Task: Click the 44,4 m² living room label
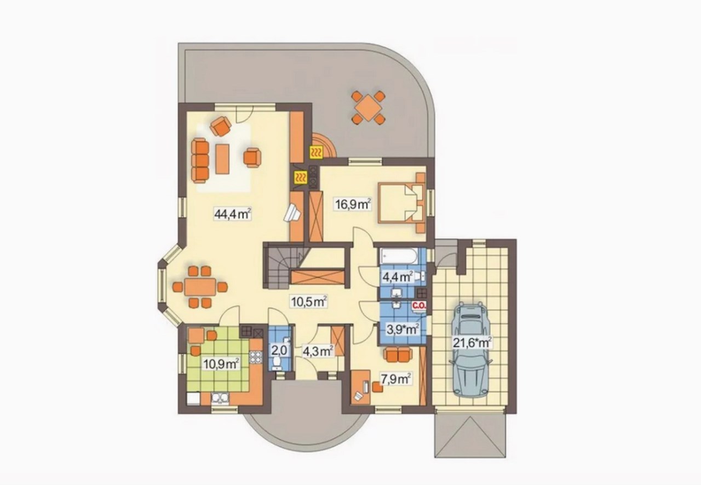(233, 215)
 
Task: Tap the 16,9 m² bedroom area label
(353, 204)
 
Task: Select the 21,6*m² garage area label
(472, 342)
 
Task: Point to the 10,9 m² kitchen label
(221, 364)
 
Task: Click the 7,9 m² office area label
(395, 379)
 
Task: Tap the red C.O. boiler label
(419, 304)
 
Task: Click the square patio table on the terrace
(368, 107)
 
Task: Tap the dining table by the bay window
(200, 287)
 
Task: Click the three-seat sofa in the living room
(200, 161)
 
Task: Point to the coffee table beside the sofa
(222, 159)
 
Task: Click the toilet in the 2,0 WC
(277, 362)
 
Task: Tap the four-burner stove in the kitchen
(255, 357)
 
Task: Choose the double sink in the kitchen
(220, 399)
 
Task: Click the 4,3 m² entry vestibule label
(318, 351)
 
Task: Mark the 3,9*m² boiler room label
(403, 329)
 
